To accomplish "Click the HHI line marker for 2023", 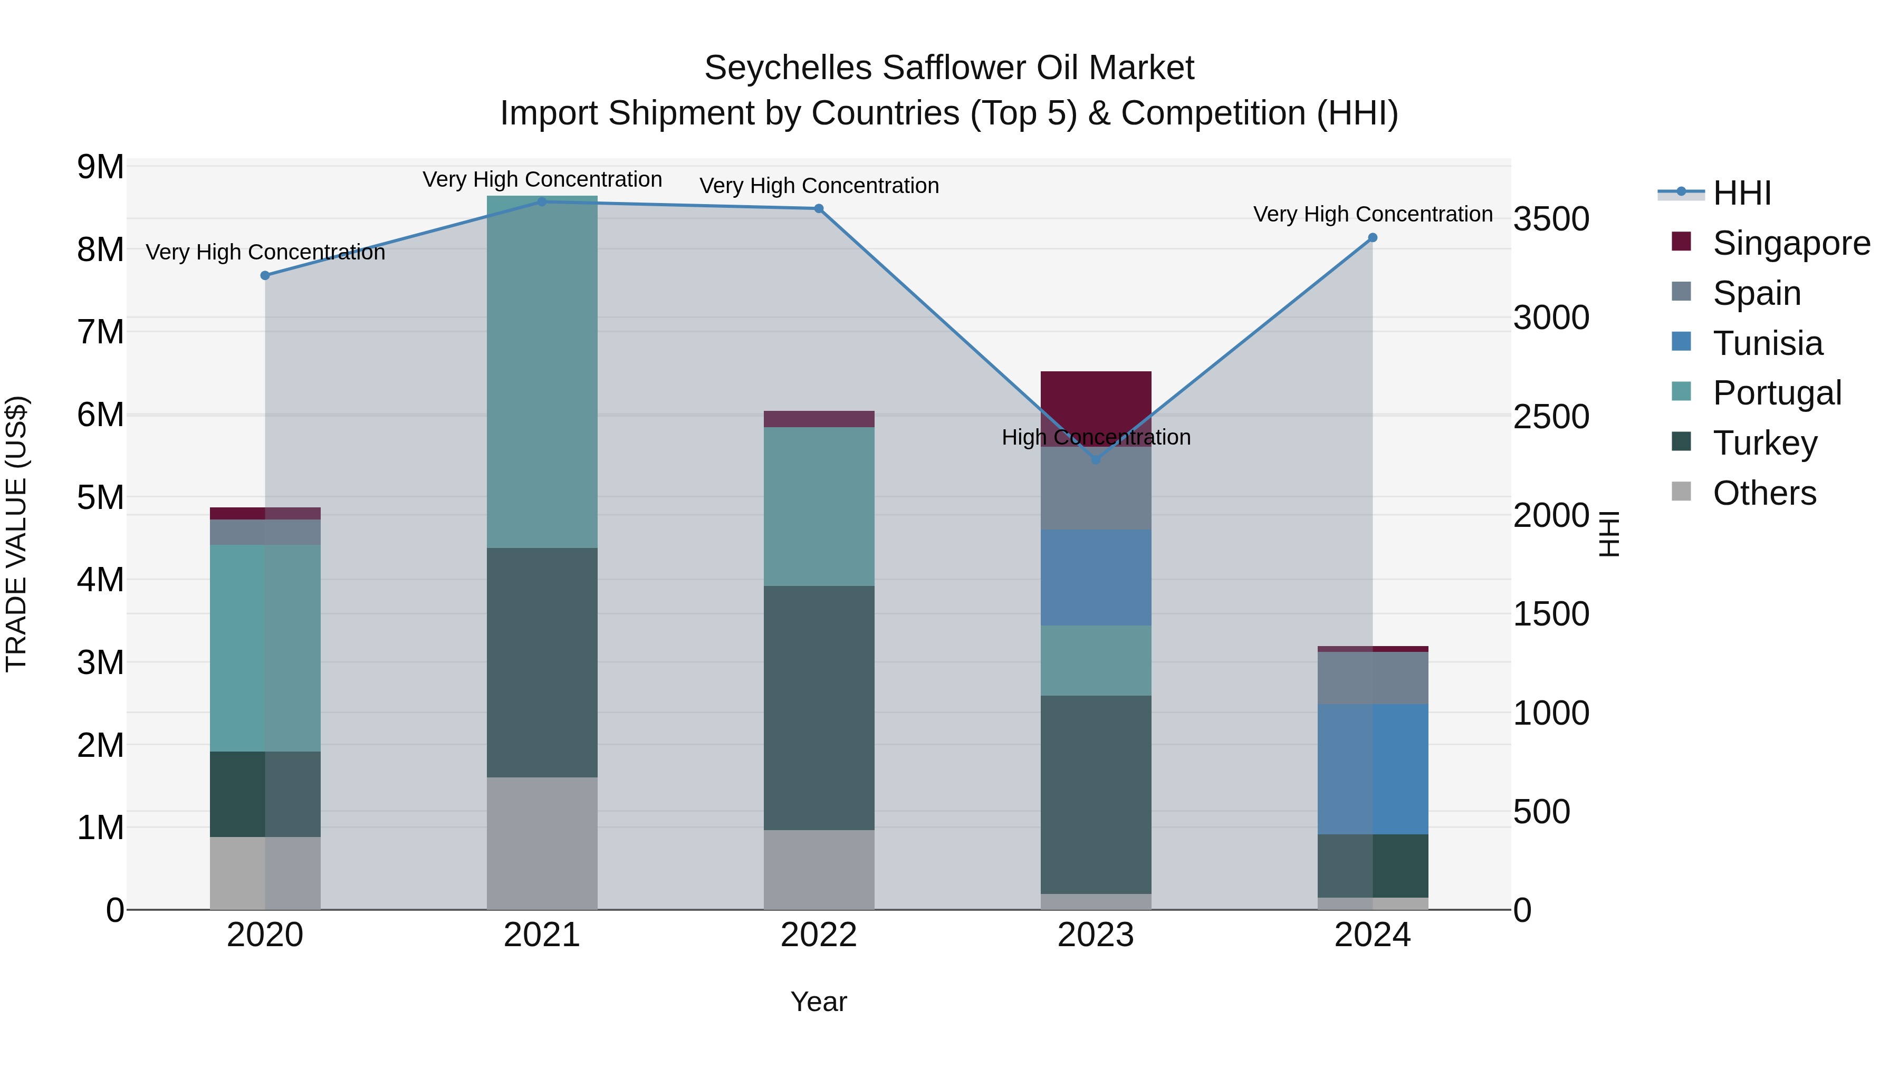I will [x=1096, y=459].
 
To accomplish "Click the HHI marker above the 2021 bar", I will [x=542, y=201].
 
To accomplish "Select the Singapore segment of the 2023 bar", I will [x=1096, y=402].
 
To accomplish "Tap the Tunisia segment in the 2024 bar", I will [x=1373, y=769].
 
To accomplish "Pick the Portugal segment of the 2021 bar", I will [x=542, y=372].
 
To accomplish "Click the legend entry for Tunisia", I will [x=1767, y=343].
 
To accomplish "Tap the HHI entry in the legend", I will [x=1741, y=193].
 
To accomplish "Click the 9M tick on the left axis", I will [x=101, y=167].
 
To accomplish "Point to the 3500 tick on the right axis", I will [x=1551, y=219].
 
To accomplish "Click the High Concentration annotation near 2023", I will [x=1096, y=437].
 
